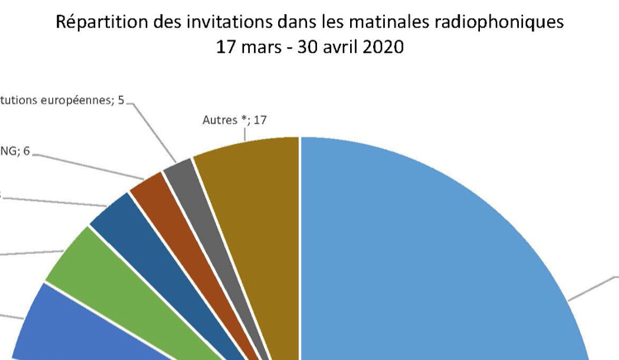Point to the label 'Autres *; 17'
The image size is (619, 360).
click(235, 120)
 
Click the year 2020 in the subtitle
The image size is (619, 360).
click(382, 46)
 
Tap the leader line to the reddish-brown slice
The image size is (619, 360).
click(83, 166)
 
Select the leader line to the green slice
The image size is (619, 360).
click(33, 252)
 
